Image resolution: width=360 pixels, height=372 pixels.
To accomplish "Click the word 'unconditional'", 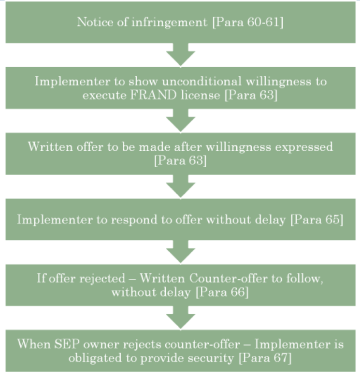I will click(x=189, y=81).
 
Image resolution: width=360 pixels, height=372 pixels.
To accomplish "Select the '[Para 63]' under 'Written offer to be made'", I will click(x=180, y=160).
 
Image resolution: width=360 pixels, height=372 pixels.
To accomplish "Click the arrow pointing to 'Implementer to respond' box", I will click(x=180, y=186).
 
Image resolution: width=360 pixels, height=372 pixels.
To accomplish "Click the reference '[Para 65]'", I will click(x=314, y=219).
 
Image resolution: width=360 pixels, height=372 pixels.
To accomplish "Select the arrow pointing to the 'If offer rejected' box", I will click(x=180, y=251).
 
